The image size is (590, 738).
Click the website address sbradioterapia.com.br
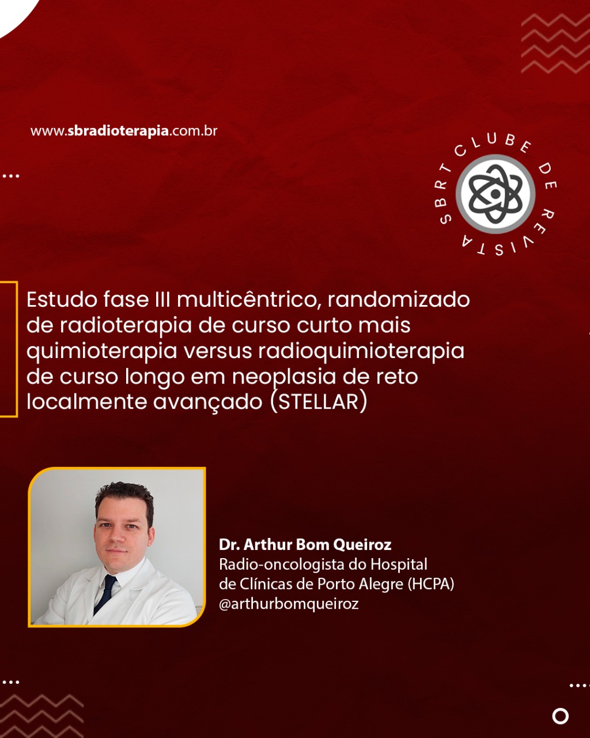coord(124,131)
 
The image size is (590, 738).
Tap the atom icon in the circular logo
coord(496,194)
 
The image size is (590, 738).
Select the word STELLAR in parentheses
coord(319,402)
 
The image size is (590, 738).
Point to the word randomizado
coord(399,299)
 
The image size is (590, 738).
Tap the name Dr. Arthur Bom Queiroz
coord(305,545)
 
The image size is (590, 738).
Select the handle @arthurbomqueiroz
coord(289,604)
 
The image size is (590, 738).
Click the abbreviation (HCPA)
coord(431,584)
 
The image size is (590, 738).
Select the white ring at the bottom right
coord(561,716)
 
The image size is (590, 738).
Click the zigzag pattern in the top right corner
coord(555,44)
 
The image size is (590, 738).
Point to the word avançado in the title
coord(207,402)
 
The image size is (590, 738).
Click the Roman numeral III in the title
coord(162,300)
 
